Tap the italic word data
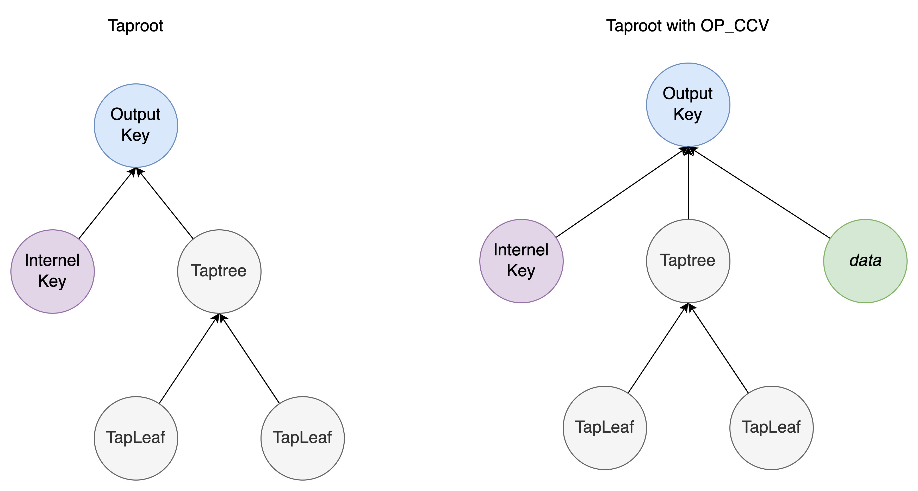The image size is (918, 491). tap(865, 261)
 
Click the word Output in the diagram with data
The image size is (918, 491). tap(687, 94)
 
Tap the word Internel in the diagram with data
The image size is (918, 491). tap(521, 250)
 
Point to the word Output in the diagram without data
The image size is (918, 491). tap(135, 114)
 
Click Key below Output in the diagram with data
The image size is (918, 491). tap(687, 114)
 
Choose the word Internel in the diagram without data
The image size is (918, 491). tap(52, 260)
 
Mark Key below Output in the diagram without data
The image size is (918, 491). tap(135, 135)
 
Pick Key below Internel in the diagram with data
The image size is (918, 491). tap(521, 271)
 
